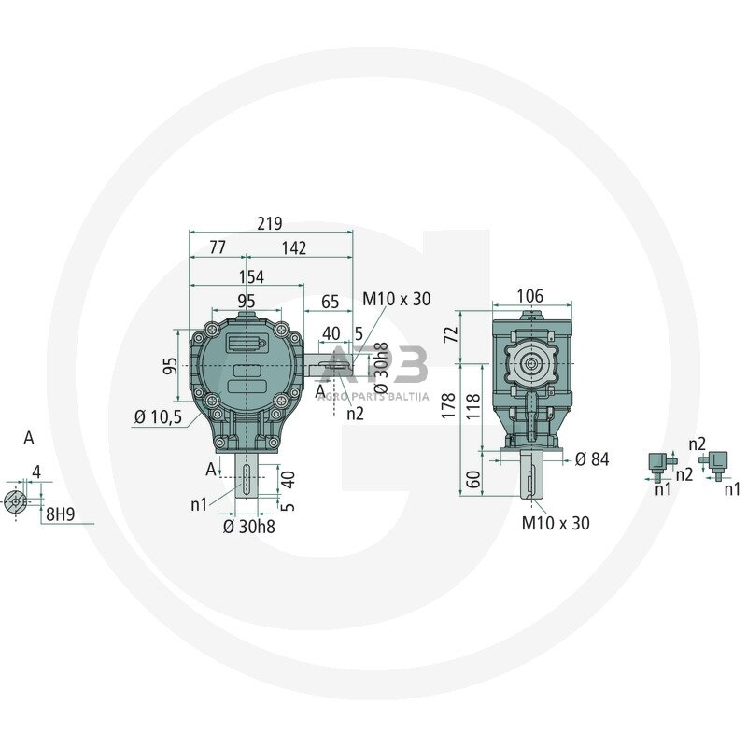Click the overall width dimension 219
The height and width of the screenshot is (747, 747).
pos(270,224)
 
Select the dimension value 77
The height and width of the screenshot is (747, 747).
pos(217,247)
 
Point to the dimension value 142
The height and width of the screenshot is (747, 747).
pos(294,247)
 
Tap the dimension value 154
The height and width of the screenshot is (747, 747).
pos(250,277)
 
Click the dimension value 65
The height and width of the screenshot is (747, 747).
pos(330,301)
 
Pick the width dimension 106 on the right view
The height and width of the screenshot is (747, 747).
pos(529,296)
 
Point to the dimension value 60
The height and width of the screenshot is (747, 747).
pos(472,481)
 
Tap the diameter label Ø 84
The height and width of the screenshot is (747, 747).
pos(592,458)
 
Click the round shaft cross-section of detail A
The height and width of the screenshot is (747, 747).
pos(16,501)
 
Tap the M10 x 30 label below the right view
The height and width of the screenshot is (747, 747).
pos(556,524)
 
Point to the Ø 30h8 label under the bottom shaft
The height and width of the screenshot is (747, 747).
pos(249,527)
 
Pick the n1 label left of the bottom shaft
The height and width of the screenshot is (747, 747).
pos(199,504)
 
